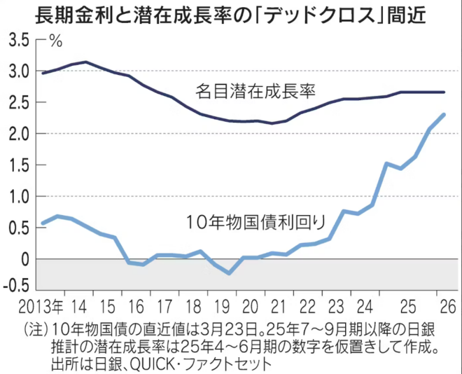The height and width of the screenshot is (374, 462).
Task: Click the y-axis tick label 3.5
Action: click(x=17, y=40)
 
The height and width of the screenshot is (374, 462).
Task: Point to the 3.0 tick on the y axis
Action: click(x=17, y=71)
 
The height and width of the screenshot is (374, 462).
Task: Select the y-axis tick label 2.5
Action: click(x=17, y=102)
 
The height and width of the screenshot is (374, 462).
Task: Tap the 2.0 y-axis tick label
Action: click(x=17, y=134)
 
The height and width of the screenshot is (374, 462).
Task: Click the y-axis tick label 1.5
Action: click(x=17, y=165)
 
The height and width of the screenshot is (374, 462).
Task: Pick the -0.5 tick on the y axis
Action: click(x=15, y=285)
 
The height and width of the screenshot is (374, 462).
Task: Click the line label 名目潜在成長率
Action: click(x=255, y=91)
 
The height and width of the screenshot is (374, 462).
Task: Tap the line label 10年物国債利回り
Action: click(x=256, y=223)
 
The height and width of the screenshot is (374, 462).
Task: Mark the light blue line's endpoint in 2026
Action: click(x=444, y=114)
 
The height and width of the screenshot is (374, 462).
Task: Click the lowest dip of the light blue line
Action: click(x=229, y=273)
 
